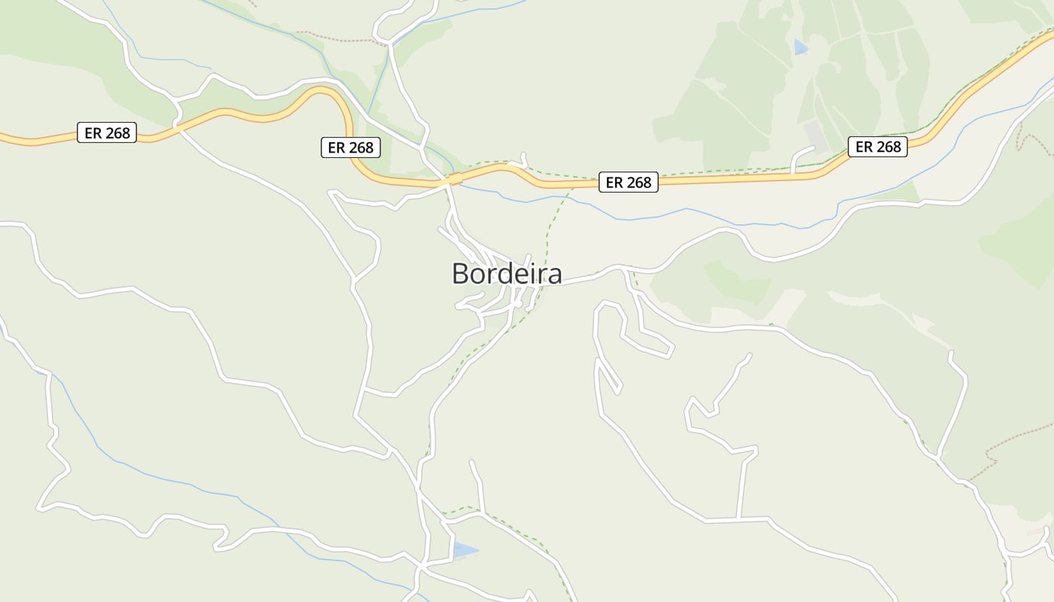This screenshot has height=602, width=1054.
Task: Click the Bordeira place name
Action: [507, 274]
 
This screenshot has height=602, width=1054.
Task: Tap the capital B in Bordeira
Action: [460, 274]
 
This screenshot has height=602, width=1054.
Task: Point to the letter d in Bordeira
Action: [498, 274]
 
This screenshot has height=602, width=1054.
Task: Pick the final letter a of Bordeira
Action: [554, 275]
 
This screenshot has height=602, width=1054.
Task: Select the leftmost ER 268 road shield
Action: [107, 133]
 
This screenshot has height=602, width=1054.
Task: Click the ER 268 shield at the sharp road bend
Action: [351, 147]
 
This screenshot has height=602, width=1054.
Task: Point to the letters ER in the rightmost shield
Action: [864, 147]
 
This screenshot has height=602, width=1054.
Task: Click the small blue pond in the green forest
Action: [800, 47]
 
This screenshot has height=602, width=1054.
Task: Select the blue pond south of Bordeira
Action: [464, 551]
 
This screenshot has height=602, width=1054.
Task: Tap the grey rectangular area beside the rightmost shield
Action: [816, 136]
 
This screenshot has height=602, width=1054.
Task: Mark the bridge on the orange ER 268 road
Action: [453, 179]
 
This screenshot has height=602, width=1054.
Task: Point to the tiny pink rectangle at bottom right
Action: [1036, 531]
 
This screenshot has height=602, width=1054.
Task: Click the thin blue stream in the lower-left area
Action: [188, 487]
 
